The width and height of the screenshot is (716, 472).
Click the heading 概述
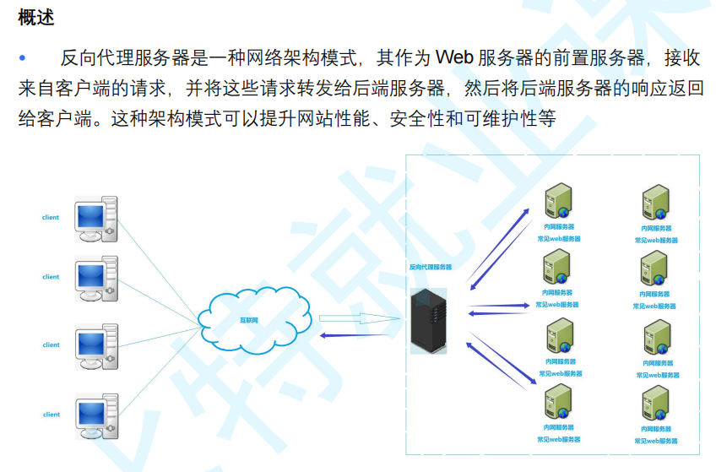click(x=35, y=18)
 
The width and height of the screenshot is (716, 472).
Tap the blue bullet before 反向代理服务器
click(x=23, y=57)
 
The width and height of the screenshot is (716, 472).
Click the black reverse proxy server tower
click(x=428, y=320)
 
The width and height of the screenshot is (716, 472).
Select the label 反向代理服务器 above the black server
click(x=430, y=267)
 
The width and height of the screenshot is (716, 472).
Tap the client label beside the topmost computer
click(x=51, y=218)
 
